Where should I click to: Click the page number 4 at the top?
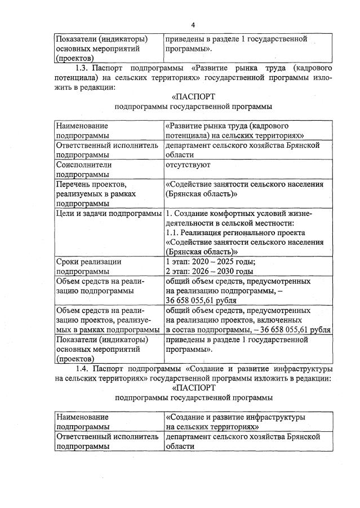[x=193, y=25]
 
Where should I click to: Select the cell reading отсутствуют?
[x=188, y=165]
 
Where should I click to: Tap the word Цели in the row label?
[x=66, y=213]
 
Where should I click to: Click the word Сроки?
[x=69, y=261]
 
